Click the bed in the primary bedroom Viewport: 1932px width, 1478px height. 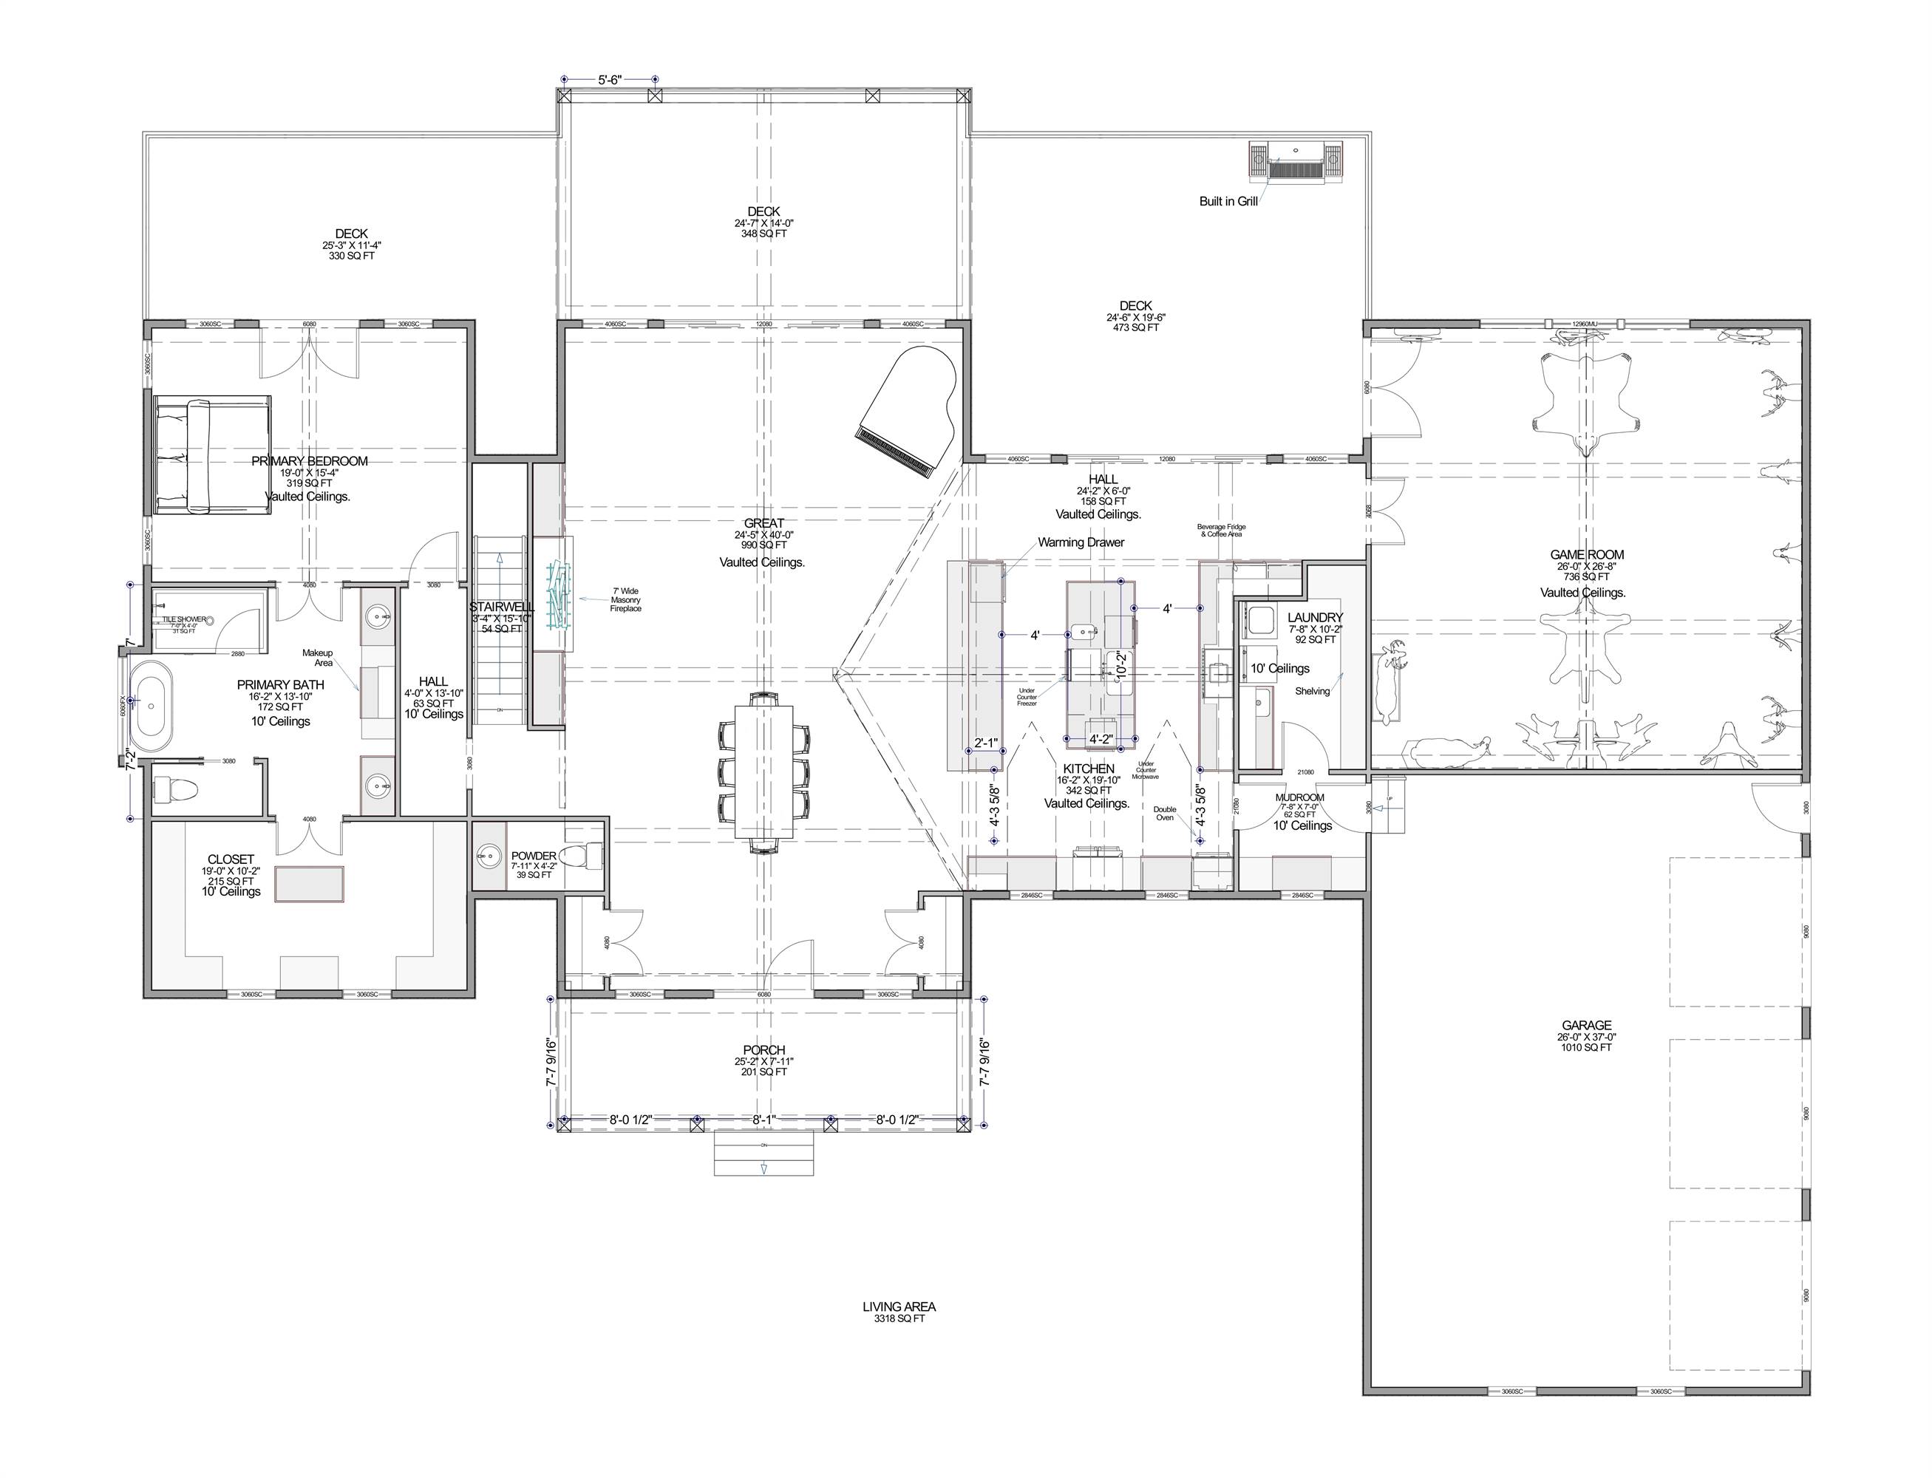click(212, 454)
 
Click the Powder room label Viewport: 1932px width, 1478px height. click(533, 856)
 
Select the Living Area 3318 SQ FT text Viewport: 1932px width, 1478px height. click(898, 1312)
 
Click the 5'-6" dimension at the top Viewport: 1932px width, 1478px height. click(610, 80)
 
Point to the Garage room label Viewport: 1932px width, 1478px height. click(1586, 1025)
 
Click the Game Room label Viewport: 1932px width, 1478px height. click(1586, 555)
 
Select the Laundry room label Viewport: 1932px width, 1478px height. click(1314, 618)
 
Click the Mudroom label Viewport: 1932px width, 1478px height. click(1299, 798)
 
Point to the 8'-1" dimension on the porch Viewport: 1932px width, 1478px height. click(763, 1120)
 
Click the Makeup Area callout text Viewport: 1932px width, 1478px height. click(318, 657)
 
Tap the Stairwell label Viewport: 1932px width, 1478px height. click(501, 607)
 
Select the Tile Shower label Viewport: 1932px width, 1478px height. click(184, 619)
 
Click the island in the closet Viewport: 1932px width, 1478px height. click(309, 883)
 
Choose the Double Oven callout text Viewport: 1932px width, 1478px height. click(1164, 813)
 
